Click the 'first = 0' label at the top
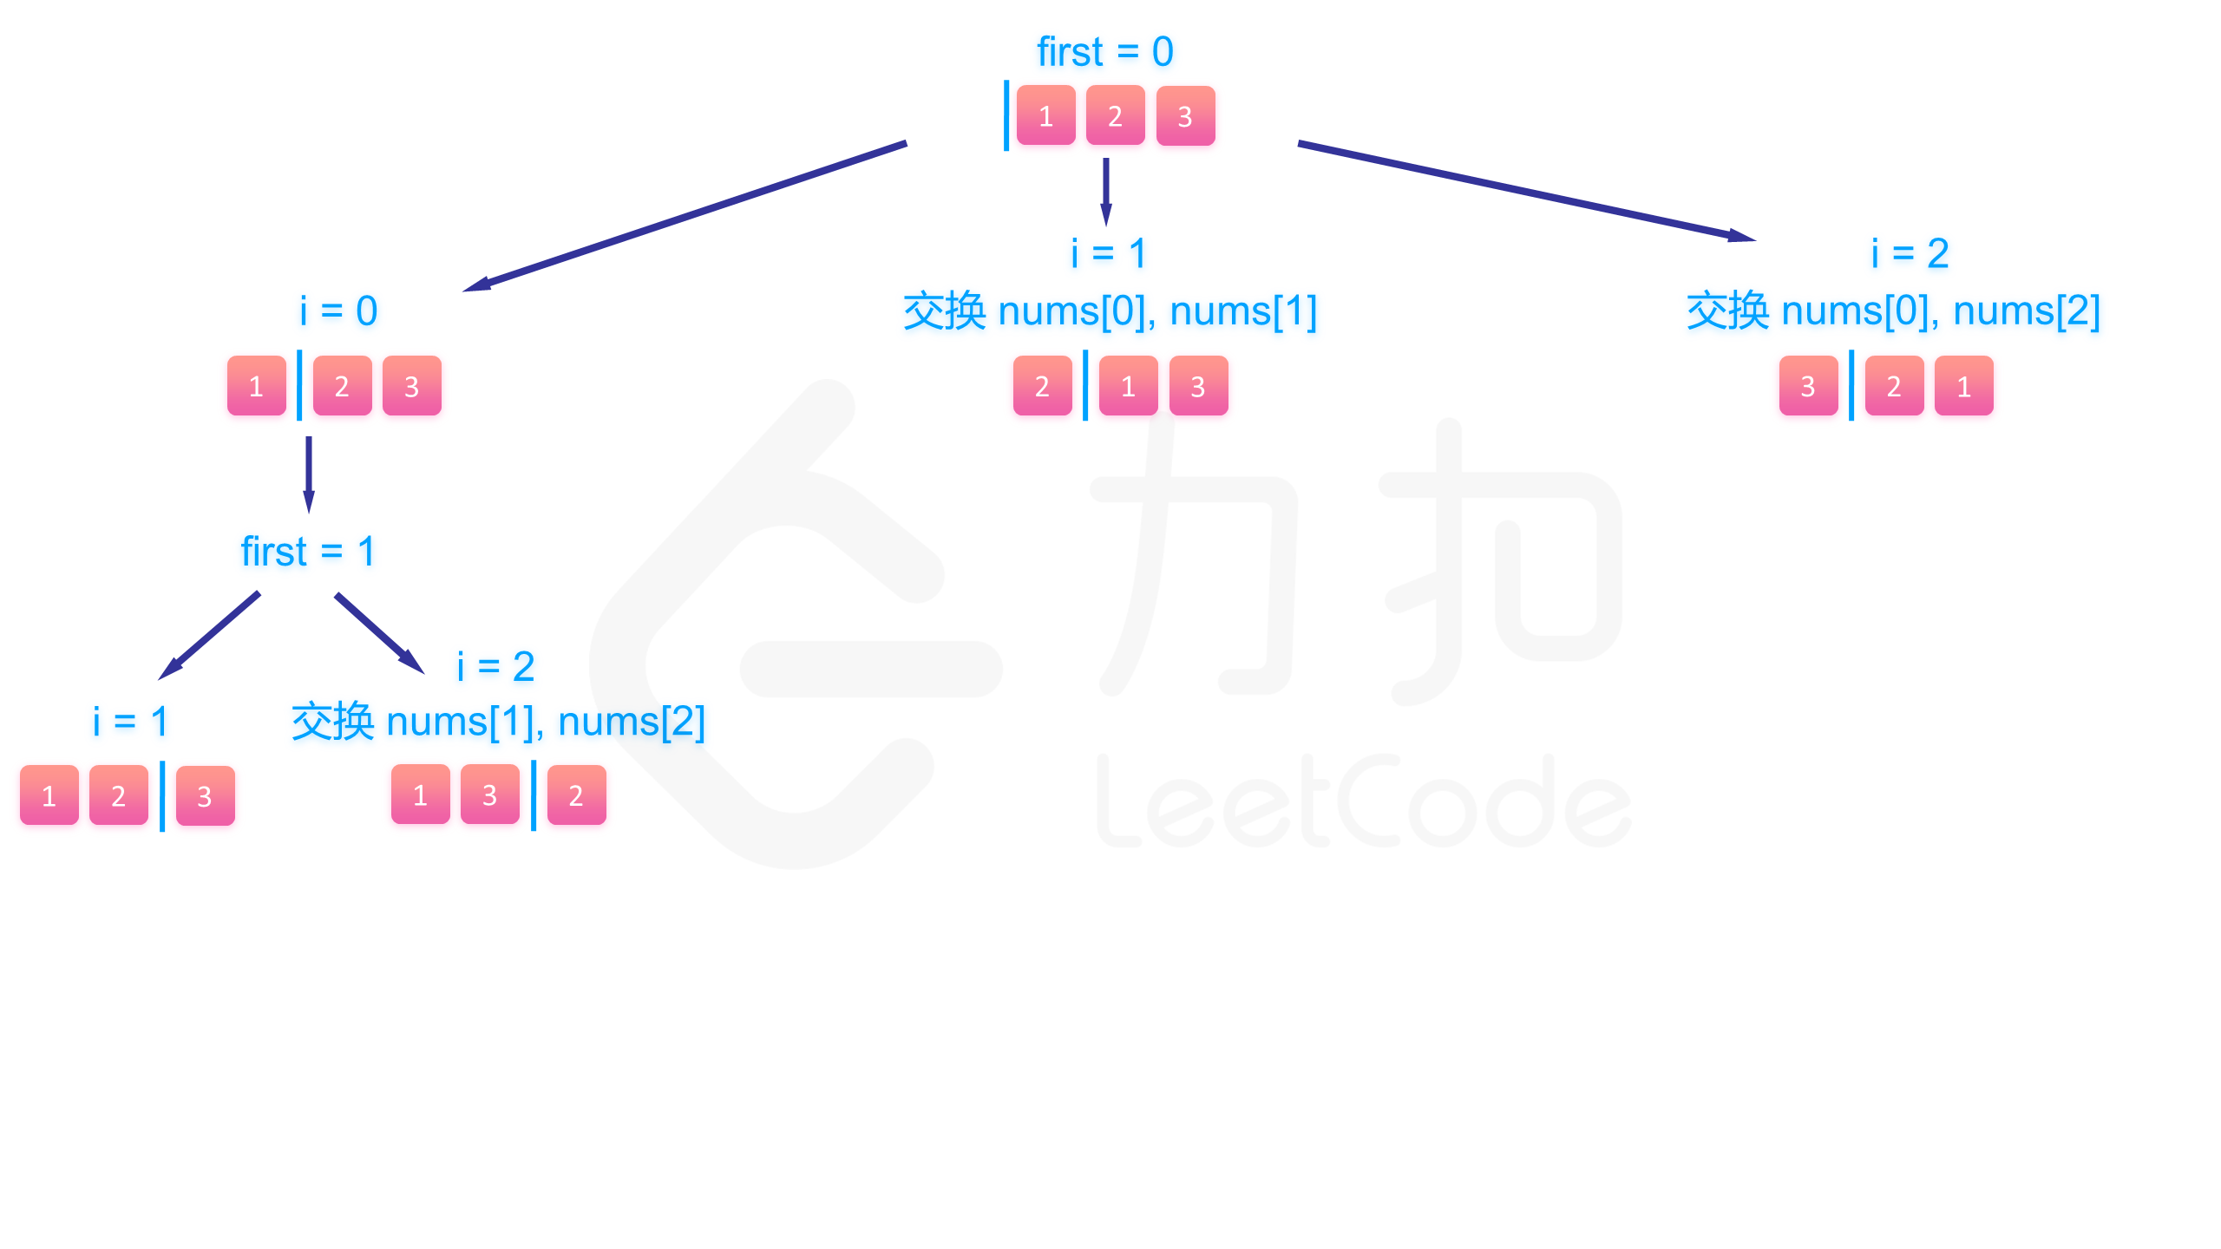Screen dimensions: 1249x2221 point(1104,52)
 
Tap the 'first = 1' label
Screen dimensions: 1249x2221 point(308,552)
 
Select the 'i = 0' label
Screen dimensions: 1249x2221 point(338,311)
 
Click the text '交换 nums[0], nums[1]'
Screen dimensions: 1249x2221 point(1110,311)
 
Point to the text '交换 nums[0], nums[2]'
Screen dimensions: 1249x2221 point(1893,311)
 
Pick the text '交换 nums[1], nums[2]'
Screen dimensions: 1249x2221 point(498,722)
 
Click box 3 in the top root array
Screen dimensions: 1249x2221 point(1185,115)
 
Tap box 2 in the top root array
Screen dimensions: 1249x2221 point(1115,115)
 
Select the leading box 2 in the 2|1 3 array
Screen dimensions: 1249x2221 point(1042,386)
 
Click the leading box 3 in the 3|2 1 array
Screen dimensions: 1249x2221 point(1808,386)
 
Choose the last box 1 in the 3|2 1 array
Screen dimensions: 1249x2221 point(1963,386)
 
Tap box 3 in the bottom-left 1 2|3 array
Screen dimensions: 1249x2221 point(205,795)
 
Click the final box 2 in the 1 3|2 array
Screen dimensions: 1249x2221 point(576,795)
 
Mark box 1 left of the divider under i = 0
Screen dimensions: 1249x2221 point(256,386)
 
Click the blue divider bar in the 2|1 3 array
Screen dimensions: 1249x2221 point(1085,386)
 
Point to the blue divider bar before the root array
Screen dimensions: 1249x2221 point(1006,115)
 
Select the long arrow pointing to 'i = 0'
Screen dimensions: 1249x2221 point(685,217)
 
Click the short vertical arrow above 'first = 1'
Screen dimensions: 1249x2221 point(308,474)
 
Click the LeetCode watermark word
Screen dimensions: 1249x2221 point(1362,802)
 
